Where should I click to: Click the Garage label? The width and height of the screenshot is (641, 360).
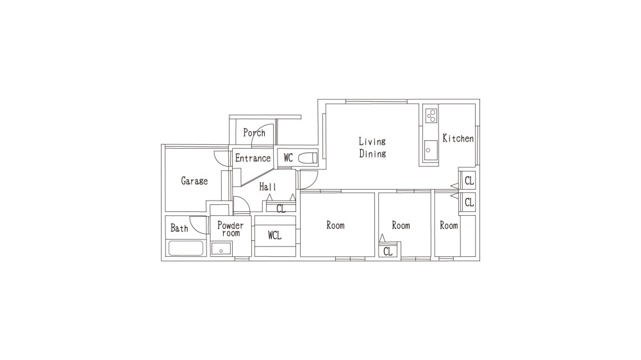(194, 181)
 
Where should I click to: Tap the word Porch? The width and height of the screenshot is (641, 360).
(254, 133)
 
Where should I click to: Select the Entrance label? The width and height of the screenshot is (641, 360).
(253, 158)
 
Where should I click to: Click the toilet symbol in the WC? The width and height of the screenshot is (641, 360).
(308, 158)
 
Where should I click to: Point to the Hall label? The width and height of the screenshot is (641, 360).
(268, 187)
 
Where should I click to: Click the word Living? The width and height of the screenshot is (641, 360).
(372, 142)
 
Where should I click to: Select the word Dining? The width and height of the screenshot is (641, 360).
(372, 154)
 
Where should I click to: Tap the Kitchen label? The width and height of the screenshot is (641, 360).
(458, 138)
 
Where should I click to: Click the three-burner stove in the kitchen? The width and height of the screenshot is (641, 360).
(431, 115)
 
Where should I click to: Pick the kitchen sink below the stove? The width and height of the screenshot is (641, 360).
(431, 151)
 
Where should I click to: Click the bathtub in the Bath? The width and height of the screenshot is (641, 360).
(186, 248)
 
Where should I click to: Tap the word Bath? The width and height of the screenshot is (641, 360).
(179, 228)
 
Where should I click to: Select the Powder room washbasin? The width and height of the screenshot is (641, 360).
(221, 249)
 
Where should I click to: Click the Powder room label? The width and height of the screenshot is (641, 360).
(230, 229)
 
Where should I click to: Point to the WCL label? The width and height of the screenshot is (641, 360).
(275, 235)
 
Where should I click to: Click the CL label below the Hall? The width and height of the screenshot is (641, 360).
(281, 209)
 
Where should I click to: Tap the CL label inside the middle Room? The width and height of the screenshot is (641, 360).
(388, 251)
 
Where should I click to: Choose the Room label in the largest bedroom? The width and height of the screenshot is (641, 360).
(335, 225)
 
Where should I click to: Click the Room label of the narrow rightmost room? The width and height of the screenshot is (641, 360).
(449, 225)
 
